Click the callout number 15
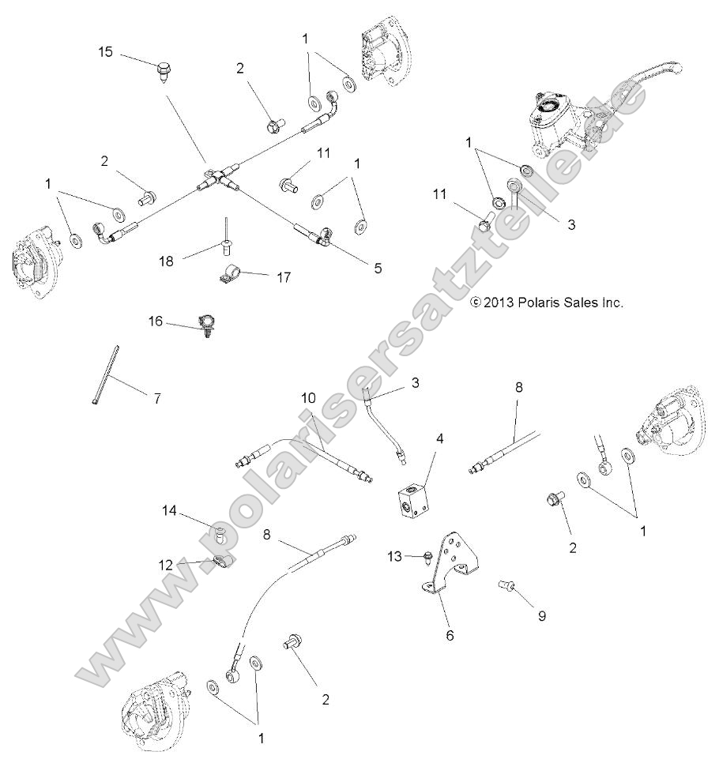pyautogui.click(x=106, y=52)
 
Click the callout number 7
pyautogui.click(x=156, y=399)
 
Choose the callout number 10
pyautogui.click(x=308, y=397)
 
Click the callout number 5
pyautogui.click(x=378, y=268)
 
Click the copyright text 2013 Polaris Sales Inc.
pyautogui.click(x=547, y=302)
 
